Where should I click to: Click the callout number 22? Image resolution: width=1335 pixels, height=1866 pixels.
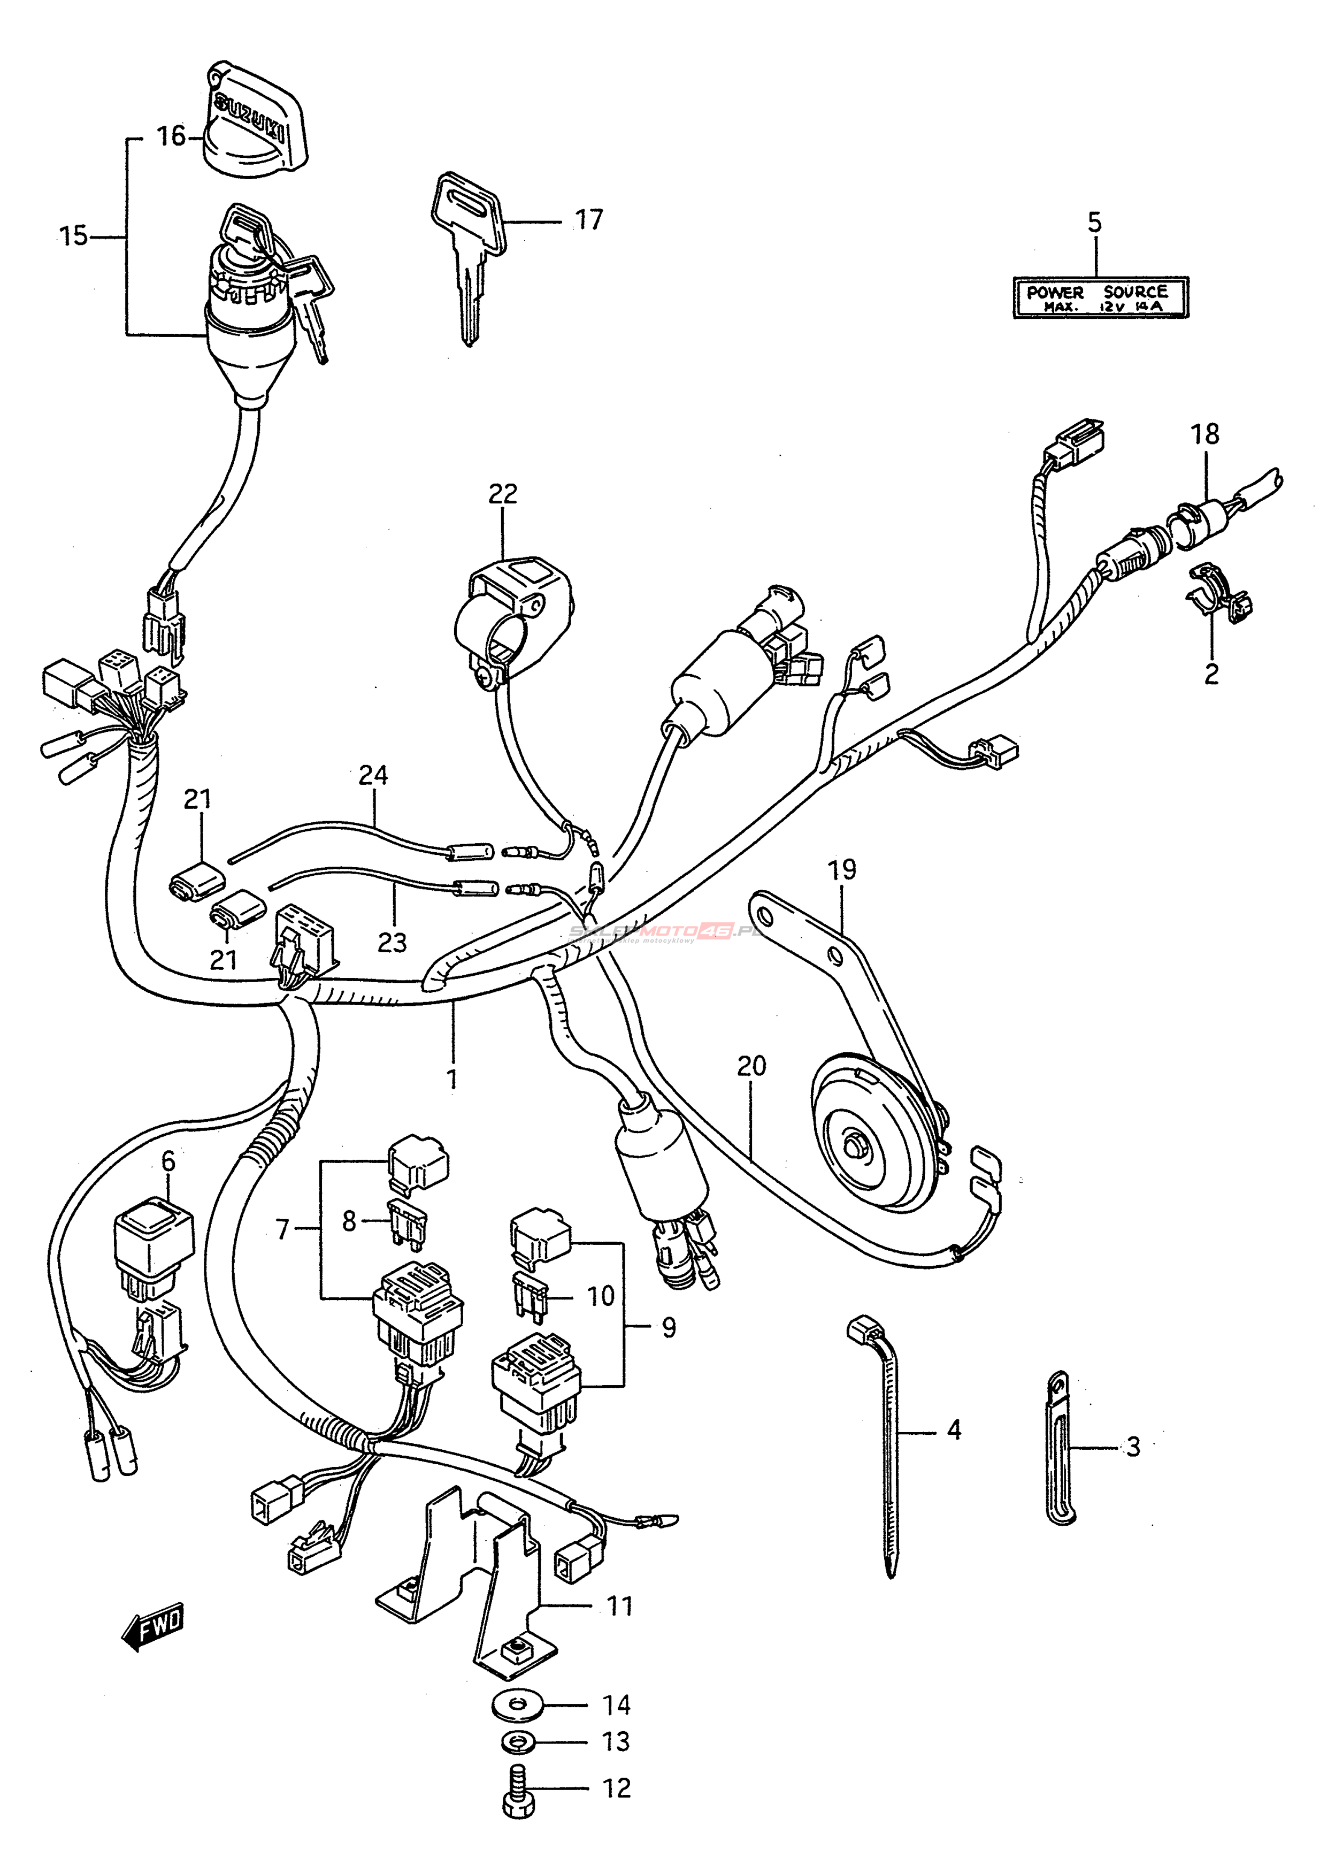(503, 494)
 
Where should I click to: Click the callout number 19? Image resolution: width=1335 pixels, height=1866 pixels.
(842, 870)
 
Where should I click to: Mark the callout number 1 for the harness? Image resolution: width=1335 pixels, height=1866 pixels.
(451, 1077)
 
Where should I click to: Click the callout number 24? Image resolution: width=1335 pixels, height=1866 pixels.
(373, 775)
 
